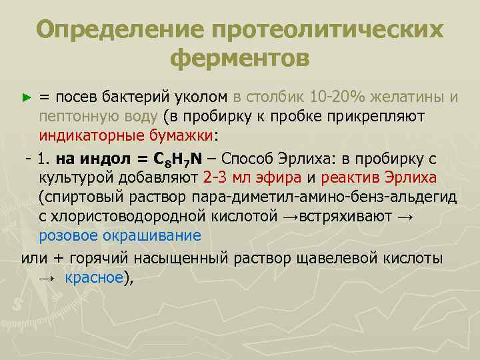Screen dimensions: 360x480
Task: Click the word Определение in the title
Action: point(117,30)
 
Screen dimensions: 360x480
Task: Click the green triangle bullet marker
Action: point(27,97)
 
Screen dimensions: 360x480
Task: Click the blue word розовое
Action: point(69,235)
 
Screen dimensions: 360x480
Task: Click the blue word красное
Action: point(95,279)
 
